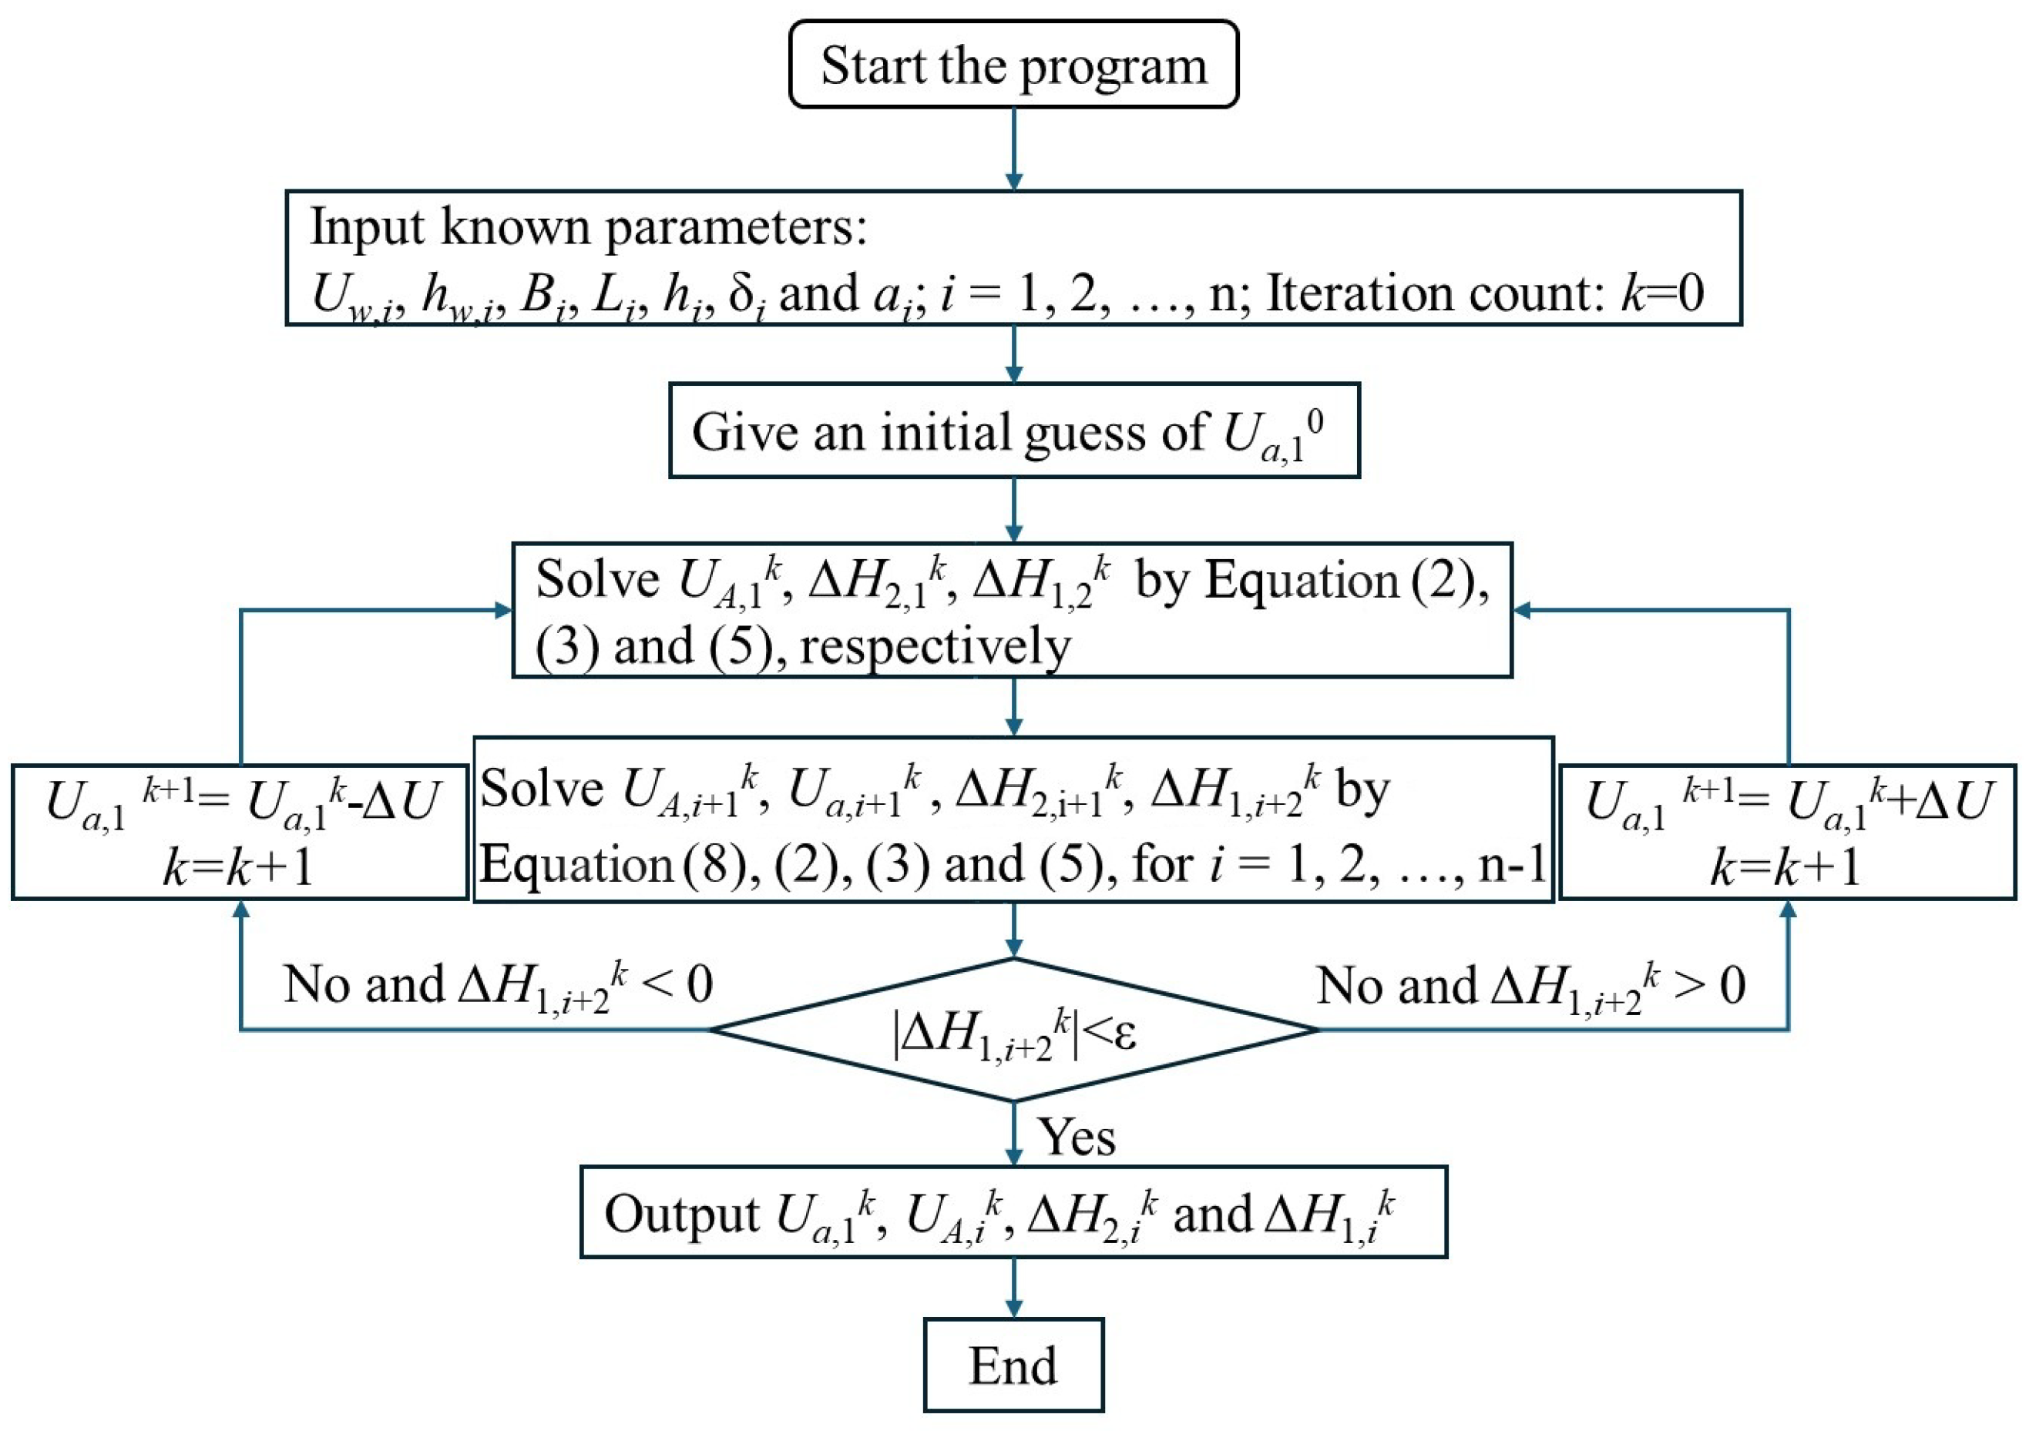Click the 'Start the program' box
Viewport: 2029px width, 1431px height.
[x=1013, y=65]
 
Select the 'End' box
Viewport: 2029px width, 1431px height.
[x=1013, y=1365]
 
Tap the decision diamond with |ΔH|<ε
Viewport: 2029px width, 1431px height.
[x=1013, y=1030]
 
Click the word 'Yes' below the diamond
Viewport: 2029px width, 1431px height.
[x=1076, y=1137]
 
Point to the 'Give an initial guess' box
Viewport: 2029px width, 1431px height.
[x=1013, y=431]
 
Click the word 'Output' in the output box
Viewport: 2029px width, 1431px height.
[x=680, y=1214]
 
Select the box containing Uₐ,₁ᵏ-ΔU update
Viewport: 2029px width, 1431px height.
[x=240, y=832]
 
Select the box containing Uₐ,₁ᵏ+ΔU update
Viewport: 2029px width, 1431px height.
[x=1787, y=832]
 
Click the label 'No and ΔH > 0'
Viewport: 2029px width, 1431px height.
[x=1530, y=986]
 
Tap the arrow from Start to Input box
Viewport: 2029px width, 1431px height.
[x=1013, y=149]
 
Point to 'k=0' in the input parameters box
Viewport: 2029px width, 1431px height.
[x=1661, y=293]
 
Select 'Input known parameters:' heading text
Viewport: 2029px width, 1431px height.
[x=589, y=227]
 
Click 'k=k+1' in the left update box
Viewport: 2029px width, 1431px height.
[x=239, y=866]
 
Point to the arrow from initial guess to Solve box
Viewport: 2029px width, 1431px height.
[x=1013, y=510]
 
